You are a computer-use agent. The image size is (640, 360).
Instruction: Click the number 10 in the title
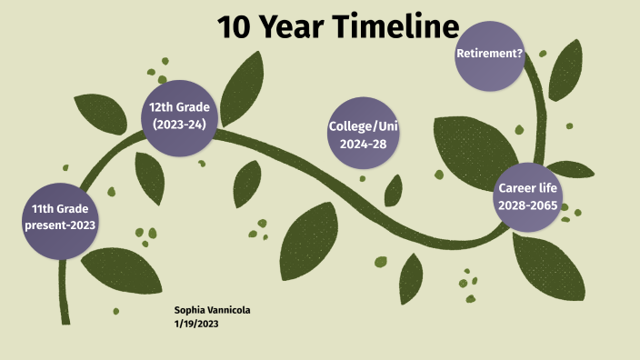point(235,27)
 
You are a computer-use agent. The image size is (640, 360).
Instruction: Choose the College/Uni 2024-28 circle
point(364,134)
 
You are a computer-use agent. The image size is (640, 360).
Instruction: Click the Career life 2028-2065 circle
point(527,196)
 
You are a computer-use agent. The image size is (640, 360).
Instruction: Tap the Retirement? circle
point(489,54)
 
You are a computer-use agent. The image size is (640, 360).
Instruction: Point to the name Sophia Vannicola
point(213,310)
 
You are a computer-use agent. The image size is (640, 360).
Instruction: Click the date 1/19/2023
point(196,324)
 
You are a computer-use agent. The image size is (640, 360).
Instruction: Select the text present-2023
point(60,225)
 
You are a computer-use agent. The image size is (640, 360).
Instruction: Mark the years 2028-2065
point(527,205)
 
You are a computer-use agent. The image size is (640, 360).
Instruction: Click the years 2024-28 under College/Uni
point(364,144)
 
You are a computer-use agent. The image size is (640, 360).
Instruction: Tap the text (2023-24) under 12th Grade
point(180,125)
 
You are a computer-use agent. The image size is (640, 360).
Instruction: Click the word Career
point(514,187)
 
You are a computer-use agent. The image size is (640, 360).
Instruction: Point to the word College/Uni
point(364,125)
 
